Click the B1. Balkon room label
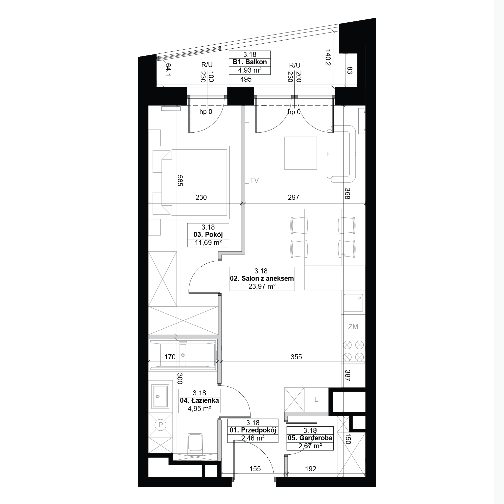[250, 62]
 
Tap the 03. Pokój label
[208, 235]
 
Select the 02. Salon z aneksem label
[262, 279]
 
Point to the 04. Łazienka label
[199, 400]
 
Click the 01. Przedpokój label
[253, 430]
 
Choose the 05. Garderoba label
[310, 438]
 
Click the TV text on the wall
[254, 180]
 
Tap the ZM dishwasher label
[353, 327]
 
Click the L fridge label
[316, 399]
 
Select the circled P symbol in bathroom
[161, 425]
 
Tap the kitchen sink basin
[353, 303]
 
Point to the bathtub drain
[183, 355]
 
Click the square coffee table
[301, 153]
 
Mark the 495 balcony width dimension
[246, 79]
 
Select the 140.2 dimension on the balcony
[328, 58]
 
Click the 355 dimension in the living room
[296, 357]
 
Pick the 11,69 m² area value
[208, 243]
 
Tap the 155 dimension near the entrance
[255, 469]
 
